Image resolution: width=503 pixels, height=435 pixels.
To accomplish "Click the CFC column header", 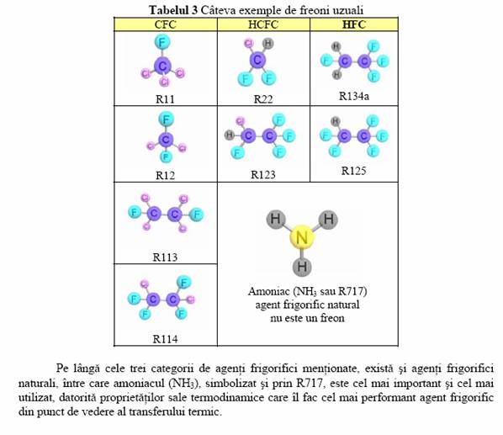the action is (x=165, y=24).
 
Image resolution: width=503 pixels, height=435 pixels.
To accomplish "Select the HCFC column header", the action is (x=263, y=24).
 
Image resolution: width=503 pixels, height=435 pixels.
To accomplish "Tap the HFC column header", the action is (x=354, y=24).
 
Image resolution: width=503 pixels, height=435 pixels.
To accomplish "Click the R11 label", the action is (x=165, y=99).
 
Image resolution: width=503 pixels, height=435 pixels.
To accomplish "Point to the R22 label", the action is (x=263, y=99).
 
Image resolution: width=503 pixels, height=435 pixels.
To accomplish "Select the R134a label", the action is (x=354, y=96).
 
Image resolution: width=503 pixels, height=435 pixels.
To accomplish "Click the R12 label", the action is (x=165, y=176).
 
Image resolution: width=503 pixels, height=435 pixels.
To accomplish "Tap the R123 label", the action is (x=263, y=174).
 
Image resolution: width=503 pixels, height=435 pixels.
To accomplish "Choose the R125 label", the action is (x=353, y=171).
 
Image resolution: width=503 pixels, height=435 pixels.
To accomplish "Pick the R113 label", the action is (x=165, y=257).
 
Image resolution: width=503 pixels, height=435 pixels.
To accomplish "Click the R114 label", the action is (x=165, y=339).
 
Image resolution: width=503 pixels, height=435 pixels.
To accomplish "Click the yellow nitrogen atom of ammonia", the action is (x=301, y=238).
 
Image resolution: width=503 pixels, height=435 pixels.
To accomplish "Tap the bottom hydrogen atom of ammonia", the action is (x=302, y=266).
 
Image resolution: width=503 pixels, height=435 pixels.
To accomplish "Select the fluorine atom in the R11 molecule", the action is (x=162, y=42).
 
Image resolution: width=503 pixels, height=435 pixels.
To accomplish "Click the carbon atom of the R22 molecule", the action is (x=257, y=60).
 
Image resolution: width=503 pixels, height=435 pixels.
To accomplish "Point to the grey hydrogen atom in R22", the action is (x=267, y=43).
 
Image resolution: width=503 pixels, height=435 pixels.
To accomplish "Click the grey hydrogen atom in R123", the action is (x=230, y=135).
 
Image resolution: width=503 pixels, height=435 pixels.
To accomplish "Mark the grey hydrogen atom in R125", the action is (x=336, y=121).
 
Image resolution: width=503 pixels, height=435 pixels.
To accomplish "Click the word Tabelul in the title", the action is (x=169, y=10).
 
